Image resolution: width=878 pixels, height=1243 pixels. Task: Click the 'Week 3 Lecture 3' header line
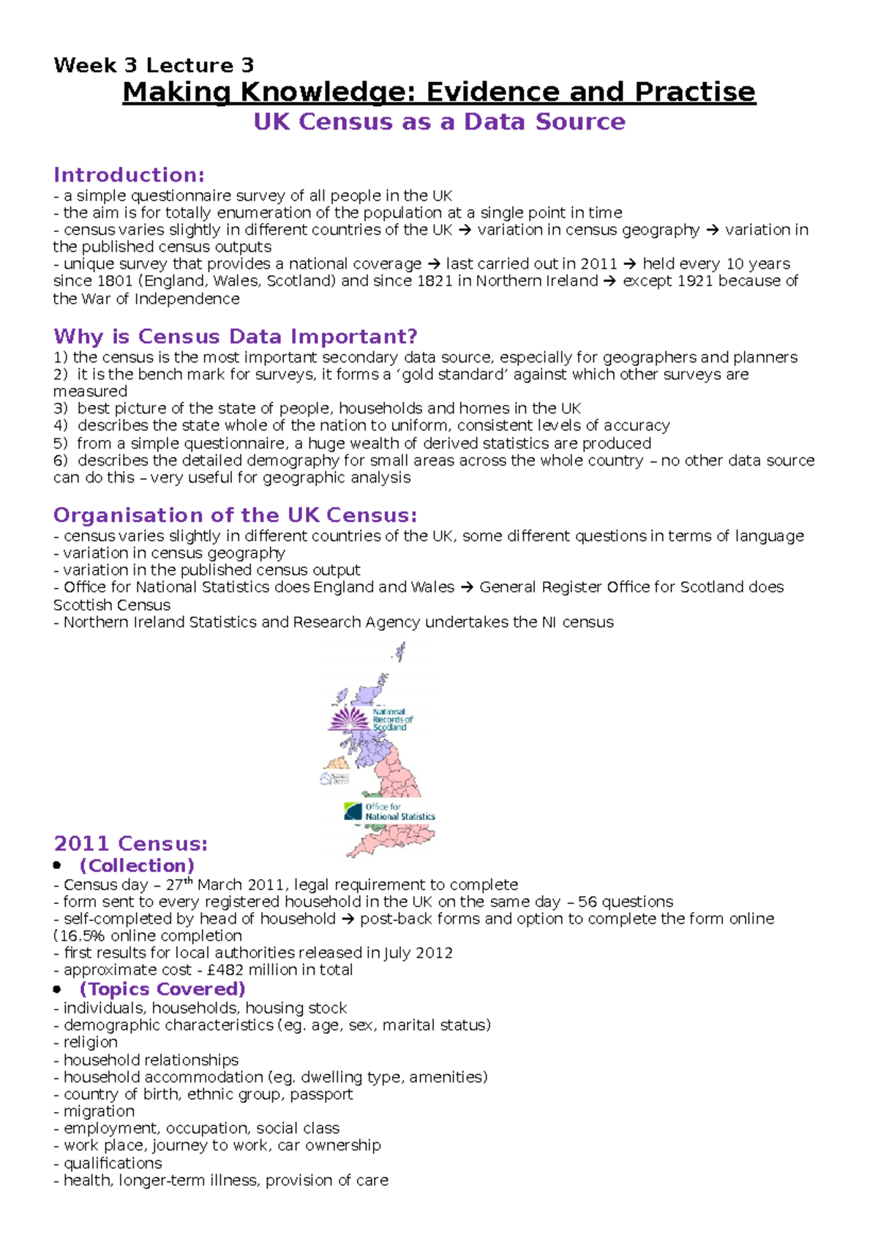pyautogui.click(x=154, y=65)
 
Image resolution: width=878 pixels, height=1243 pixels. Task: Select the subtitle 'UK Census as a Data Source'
pyautogui.click(x=439, y=122)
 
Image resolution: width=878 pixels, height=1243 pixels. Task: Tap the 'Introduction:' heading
pyautogui.click(x=129, y=175)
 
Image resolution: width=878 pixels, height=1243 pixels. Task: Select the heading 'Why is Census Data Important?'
pyautogui.click(x=235, y=337)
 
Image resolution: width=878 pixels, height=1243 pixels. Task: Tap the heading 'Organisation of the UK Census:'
pyautogui.click(x=235, y=515)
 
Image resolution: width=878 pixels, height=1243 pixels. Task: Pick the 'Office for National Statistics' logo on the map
pyautogui.click(x=390, y=811)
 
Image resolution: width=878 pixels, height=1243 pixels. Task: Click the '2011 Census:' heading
pyautogui.click(x=130, y=844)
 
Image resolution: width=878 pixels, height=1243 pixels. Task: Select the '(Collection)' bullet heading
pyautogui.click(x=137, y=865)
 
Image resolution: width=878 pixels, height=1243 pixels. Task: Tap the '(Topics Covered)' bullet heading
pyautogui.click(x=162, y=989)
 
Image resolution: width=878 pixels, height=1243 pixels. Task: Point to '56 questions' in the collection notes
pyautogui.click(x=626, y=902)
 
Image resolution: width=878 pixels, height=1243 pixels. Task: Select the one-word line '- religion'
pyautogui.click(x=86, y=1042)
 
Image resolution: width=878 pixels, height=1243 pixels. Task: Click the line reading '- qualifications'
pyautogui.click(x=108, y=1163)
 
